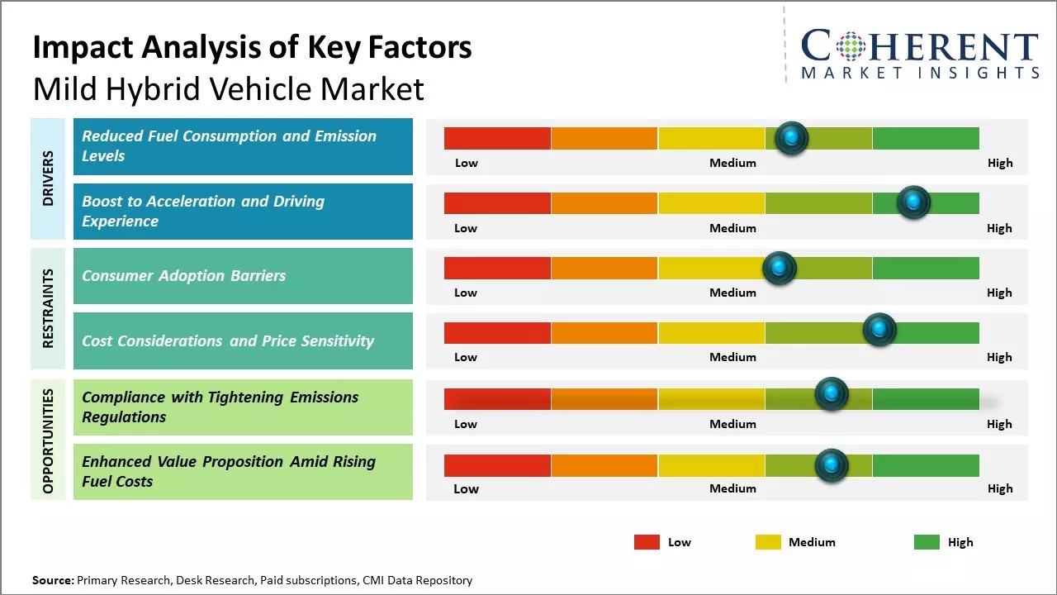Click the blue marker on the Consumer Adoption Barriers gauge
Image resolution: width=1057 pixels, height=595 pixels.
click(x=779, y=268)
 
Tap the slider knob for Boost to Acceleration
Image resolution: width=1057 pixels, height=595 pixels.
click(x=913, y=202)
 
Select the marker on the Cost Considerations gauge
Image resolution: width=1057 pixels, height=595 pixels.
click(x=879, y=330)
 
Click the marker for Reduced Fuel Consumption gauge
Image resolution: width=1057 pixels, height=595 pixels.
click(x=792, y=138)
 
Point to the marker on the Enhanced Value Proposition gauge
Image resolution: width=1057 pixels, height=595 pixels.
click(x=832, y=465)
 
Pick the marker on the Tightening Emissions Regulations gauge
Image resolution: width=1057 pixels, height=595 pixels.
click(x=832, y=394)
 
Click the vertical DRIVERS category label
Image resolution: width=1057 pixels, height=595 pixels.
click(x=48, y=178)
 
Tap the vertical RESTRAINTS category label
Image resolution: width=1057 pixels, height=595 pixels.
click(x=48, y=307)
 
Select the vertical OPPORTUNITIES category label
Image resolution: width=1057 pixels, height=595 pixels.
click(x=48, y=440)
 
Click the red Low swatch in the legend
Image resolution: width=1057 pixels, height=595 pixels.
click(x=647, y=542)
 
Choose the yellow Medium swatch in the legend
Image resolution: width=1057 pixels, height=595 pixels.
click(x=768, y=542)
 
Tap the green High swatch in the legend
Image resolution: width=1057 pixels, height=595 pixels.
click(x=927, y=542)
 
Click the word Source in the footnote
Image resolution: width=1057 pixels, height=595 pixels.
click(x=53, y=580)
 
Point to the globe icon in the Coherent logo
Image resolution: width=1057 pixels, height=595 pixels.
click(x=850, y=47)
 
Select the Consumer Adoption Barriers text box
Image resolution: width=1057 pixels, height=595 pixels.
click(x=243, y=276)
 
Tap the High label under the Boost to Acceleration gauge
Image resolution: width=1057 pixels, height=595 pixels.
click(x=999, y=228)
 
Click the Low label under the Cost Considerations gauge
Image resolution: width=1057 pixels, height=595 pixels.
click(x=466, y=357)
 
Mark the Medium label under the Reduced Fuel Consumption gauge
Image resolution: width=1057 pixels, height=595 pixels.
click(x=732, y=163)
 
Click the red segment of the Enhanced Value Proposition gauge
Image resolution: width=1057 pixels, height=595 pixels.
click(x=497, y=465)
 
